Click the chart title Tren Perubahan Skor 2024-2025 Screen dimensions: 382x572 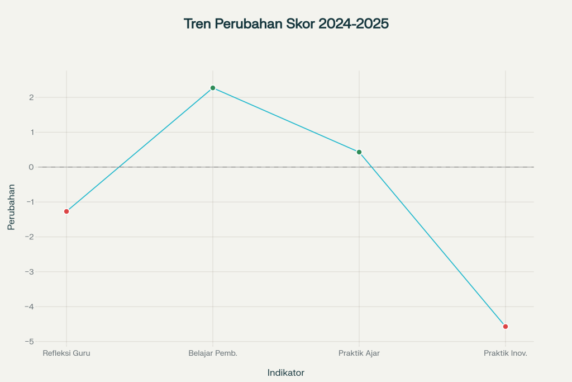[x=285, y=24]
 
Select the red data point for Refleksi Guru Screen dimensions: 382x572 [x=66, y=211]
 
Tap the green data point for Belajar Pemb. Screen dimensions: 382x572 [x=213, y=88]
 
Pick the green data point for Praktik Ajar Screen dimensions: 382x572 [x=359, y=152]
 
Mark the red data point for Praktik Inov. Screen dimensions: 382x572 [x=506, y=327]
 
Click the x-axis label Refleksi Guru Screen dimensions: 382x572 [x=66, y=353]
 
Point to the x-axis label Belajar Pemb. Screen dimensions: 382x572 [x=213, y=353]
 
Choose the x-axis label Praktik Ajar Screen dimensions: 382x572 [x=359, y=353]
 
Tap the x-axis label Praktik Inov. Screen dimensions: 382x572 [x=506, y=353]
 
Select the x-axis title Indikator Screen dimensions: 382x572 [x=285, y=372]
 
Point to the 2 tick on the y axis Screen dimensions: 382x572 [x=32, y=97]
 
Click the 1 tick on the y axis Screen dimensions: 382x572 [x=32, y=133]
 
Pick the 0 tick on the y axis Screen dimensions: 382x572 [x=32, y=167]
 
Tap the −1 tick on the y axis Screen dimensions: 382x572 [x=30, y=202]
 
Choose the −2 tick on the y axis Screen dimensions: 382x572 [x=30, y=237]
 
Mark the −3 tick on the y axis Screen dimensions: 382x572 [x=30, y=272]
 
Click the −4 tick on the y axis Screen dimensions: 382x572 [x=30, y=306]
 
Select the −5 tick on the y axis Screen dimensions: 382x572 [x=30, y=342]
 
